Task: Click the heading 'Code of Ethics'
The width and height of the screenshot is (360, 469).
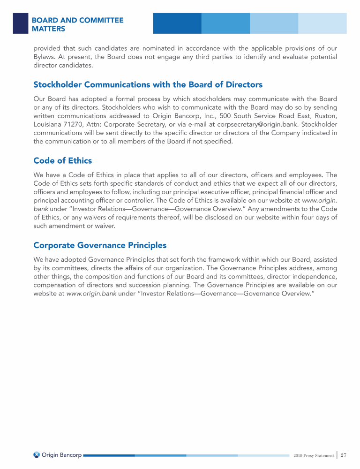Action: pyautogui.click(x=62, y=161)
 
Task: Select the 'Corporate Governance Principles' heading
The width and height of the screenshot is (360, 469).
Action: pyautogui.click(x=100, y=245)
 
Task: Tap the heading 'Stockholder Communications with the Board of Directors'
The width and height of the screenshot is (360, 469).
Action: pyautogui.click(x=148, y=85)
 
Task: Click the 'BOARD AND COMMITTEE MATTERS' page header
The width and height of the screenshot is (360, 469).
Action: pyautogui.click(x=77, y=24)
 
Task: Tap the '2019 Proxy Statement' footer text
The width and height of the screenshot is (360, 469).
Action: pyautogui.click(x=314, y=455)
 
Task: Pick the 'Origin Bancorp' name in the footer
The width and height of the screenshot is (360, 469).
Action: pyautogui.click(x=61, y=455)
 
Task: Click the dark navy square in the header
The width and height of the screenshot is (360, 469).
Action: pyautogui.click(x=21, y=23)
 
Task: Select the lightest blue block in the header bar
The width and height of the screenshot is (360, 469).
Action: pyautogui.click(x=322, y=23)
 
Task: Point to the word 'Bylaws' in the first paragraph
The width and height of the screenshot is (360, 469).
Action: pyautogui.click(x=45, y=57)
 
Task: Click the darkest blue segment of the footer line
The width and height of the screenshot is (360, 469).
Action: pyautogui.click(x=109, y=455)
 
